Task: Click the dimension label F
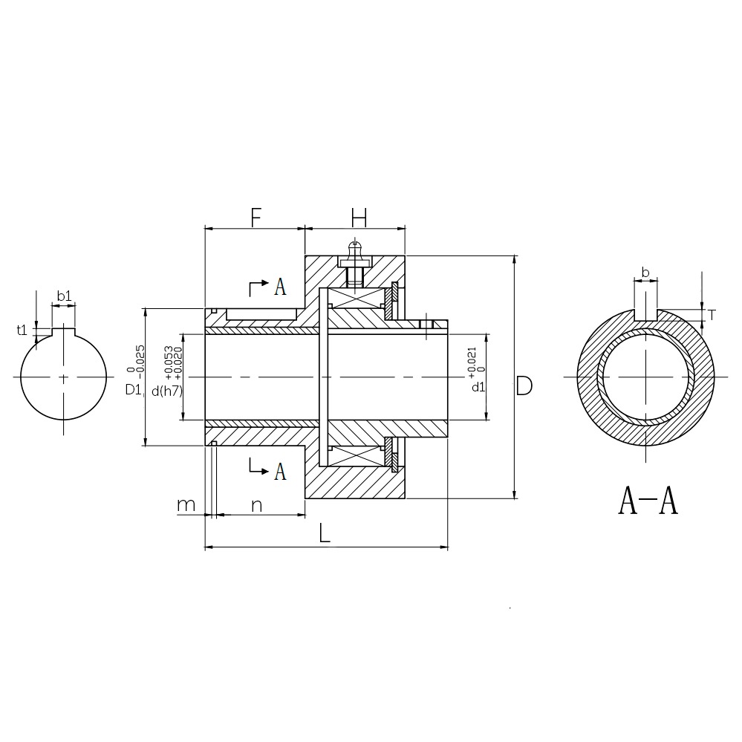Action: pyautogui.click(x=256, y=218)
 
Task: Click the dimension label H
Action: pyautogui.click(x=359, y=218)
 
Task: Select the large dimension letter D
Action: pyautogui.click(x=524, y=385)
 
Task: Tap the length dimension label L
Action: pyautogui.click(x=324, y=533)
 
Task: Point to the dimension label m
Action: pyautogui.click(x=186, y=505)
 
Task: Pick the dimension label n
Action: pyautogui.click(x=256, y=506)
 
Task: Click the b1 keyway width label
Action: pyautogui.click(x=65, y=296)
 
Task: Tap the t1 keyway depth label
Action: pyautogui.click(x=22, y=330)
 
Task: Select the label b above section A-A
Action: pyautogui.click(x=645, y=273)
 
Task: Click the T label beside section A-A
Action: pyautogui.click(x=712, y=315)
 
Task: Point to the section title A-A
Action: pyautogui.click(x=648, y=501)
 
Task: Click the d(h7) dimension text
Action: pyautogui.click(x=167, y=391)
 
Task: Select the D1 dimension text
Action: pyautogui.click(x=133, y=389)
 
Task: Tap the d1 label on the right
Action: pyautogui.click(x=478, y=387)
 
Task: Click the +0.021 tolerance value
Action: pyautogui.click(x=472, y=363)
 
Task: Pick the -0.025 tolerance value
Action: pyautogui.click(x=140, y=362)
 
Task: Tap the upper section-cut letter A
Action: pyautogui.click(x=280, y=287)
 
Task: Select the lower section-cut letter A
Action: pyautogui.click(x=280, y=472)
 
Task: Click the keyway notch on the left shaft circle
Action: pyautogui.click(x=63, y=332)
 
